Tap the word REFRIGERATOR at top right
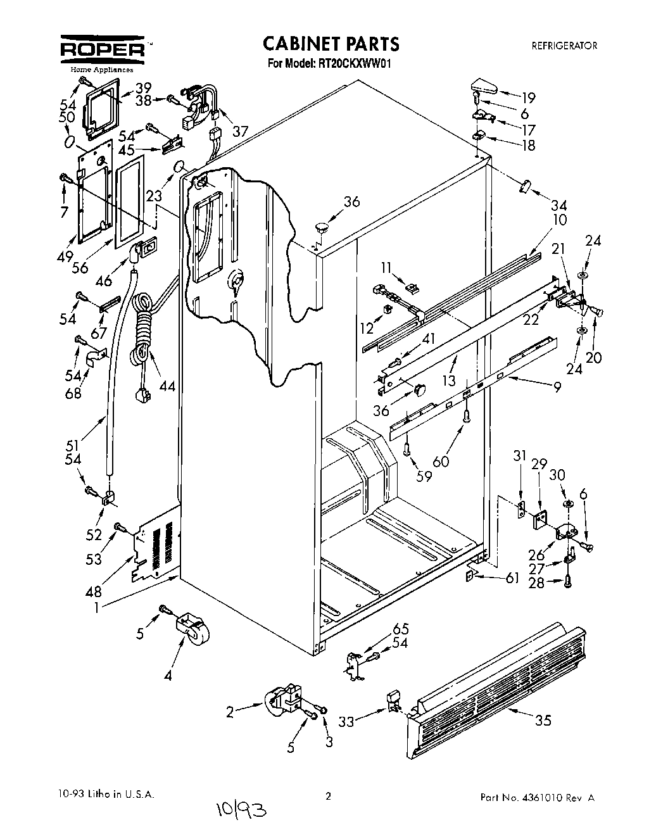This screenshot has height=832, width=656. click(x=564, y=46)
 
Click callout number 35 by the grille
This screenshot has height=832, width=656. click(x=543, y=720)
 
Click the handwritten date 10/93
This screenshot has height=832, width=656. click(x=232, y=807)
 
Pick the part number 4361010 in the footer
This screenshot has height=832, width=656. click(x=551, y=797)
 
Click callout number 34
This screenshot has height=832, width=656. click(x=558, y=205)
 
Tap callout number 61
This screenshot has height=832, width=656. click(x=512, y=577)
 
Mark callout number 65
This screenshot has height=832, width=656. click(x=400, y=629)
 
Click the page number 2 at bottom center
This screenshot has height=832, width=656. click(x=327, y=797)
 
